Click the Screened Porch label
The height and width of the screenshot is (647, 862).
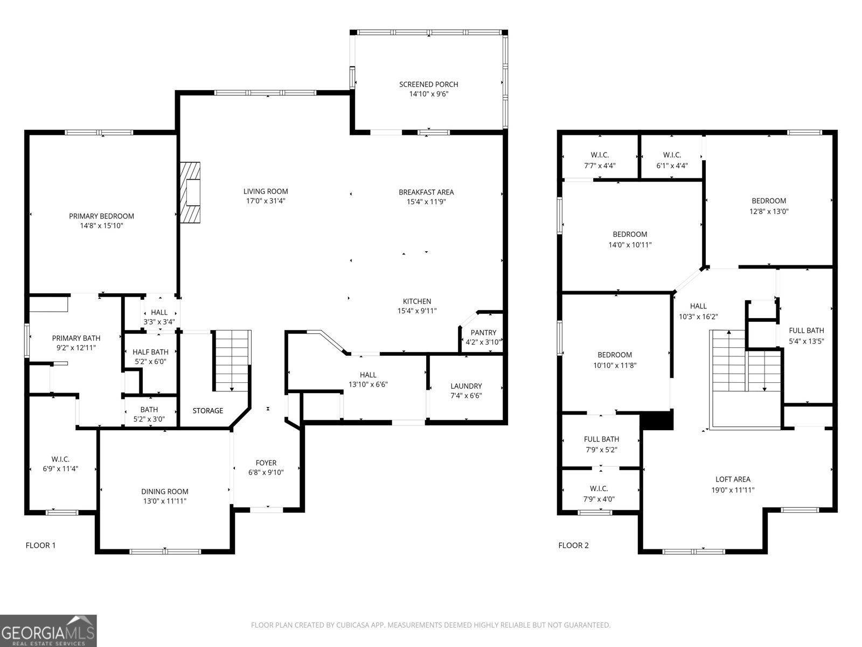pyautogui.click(x=428, y=84)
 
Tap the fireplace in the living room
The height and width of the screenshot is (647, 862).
pyautogui.click(x=190, y=192)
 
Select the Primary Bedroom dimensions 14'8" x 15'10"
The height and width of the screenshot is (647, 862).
pyautogui.click(x=101, y=226)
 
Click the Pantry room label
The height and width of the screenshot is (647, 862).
pyautogui.click(x=483, y=333)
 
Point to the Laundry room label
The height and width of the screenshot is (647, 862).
pyautogui.click(x=466, y=386)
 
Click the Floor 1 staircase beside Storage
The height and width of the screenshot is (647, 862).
pyautogui.click(x=232, y=360)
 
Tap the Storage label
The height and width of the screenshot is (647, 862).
pyautogui.click(x=208, y=411)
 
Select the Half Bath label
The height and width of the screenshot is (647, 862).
pyautogui.click(x=151, y=352)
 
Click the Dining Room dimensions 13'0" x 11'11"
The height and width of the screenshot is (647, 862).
pyautogui.click(x=165, y=501)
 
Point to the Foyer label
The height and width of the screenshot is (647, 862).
pyautogui.click(x=266, y=463)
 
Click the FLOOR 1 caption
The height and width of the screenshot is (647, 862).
pyautogui.click(x=40, y=545)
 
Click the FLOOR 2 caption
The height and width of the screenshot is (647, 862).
pyautogui.click(x=573, y=545)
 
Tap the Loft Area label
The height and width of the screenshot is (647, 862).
pyautogui.click(x=733, y=479)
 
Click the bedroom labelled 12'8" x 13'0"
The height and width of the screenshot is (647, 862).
pyautogui.click(x=769, y=206)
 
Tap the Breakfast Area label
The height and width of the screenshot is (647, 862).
pyautogui.click(x=426, y=192)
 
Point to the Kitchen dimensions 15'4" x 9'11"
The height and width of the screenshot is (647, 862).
pyautogui.click(x=416, y=311)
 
